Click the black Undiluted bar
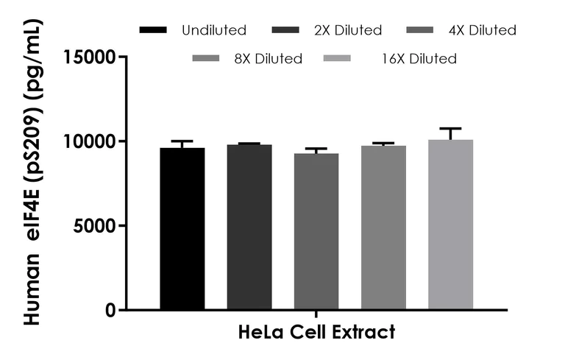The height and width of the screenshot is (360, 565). (182, 228)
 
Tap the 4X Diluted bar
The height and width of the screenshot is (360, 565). (316, 231)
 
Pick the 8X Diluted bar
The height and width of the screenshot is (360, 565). (383, 227)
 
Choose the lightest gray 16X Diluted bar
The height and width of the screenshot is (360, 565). (450, 225)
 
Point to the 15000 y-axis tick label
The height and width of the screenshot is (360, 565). (90, 57)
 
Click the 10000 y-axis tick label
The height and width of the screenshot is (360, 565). (90, 141)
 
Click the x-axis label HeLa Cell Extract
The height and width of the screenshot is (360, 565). (316, 332)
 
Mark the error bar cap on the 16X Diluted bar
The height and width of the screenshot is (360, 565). (450, 128)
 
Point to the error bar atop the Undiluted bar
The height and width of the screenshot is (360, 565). (182, 141)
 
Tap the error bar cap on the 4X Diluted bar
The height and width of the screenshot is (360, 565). (316, 149)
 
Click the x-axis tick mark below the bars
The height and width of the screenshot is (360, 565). (316, 315)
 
